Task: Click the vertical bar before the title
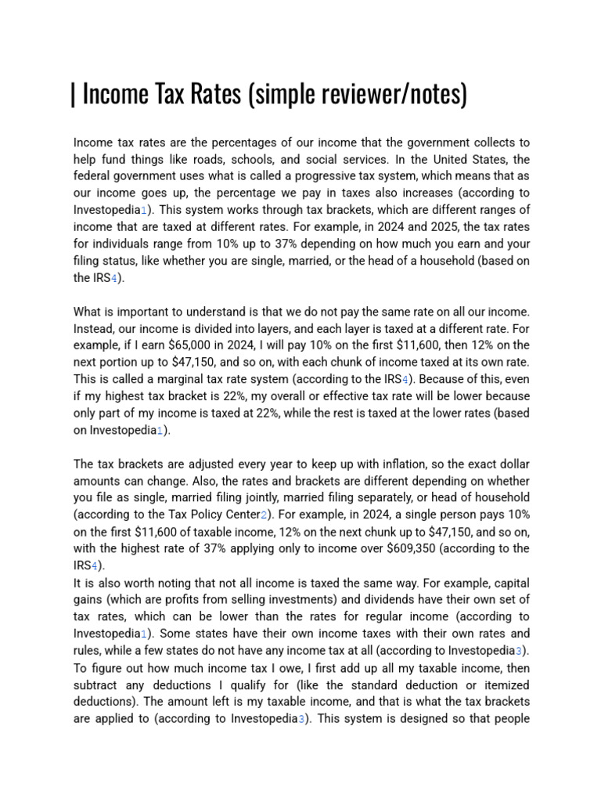[73, 95]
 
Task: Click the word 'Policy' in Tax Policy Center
[212, 515]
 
